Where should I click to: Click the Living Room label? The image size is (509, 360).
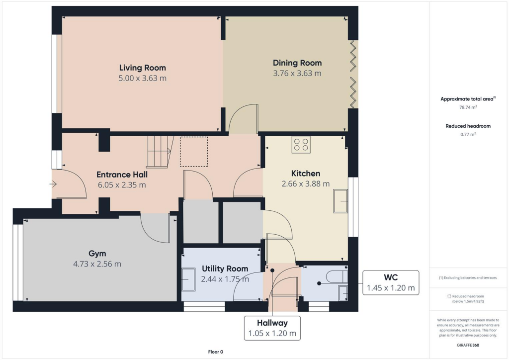(x=142, y=68)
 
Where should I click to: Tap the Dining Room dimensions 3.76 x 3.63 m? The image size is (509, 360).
(x=297, y=73)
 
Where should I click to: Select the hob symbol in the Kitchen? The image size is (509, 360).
(x=301, y=145)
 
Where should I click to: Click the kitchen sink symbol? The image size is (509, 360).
(x=340, y=201)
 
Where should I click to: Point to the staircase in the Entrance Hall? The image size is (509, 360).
(x=159, y=152)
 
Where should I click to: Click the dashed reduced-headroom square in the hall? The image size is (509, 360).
(x=193, y=152)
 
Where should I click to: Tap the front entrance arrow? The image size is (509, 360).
(x=53, y=184)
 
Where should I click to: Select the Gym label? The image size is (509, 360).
(x=97, y=254)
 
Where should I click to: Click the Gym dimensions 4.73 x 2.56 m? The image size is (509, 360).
(x=97, y=264)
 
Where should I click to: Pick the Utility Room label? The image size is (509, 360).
(x=225, y=269)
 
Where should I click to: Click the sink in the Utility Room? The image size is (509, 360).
(x=188, y=279)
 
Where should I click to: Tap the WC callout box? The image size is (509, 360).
(x=390, y=282)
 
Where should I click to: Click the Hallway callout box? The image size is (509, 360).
(x=272, y=328)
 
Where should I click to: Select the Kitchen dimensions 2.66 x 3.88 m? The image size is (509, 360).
(x=305, y=183)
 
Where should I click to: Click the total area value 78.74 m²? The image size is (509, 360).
(x=468, y=107)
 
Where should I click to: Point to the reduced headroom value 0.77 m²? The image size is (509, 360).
(x=468, y=134)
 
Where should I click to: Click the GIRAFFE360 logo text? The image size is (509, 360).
(x=468, y=345)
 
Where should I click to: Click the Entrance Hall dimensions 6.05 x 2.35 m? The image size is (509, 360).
(x=122, y=185)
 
